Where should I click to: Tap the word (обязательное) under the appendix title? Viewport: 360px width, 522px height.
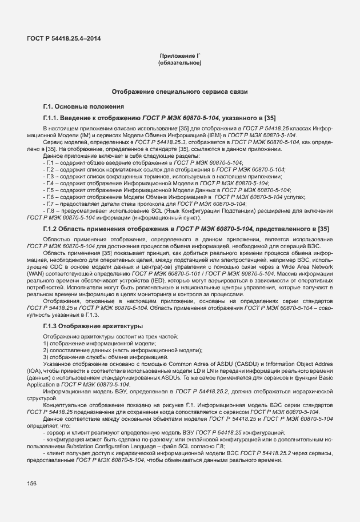tap(180, 62)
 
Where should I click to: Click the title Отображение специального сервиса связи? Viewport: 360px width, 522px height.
tap(180, 91)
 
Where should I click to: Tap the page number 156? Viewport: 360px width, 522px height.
tap(32, 484)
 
